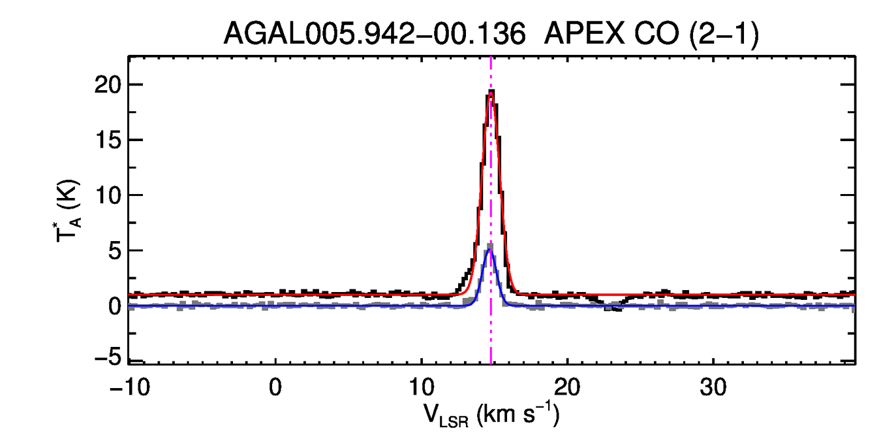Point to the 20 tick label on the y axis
(106, 85)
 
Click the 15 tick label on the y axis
(106, 140)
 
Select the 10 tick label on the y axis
(106, 195)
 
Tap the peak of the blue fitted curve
(489, 250)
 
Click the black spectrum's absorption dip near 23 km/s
(614, 308)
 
